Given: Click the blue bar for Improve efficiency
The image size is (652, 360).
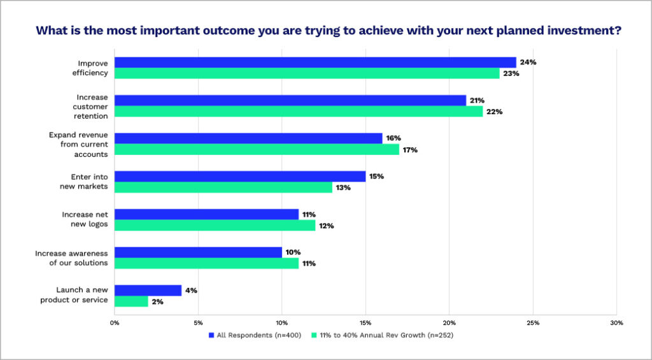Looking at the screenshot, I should (x=315, y=62).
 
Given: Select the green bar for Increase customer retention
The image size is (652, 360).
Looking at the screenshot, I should (x=299, y=112).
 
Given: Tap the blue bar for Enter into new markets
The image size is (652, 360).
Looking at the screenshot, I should (x=240, y=176).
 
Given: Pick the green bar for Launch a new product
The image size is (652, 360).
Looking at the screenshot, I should (x=131, y=301).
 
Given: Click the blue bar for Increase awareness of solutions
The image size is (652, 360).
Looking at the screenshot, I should (x=198, y=252).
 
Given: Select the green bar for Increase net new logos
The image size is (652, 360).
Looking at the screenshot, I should (x=215, y=226).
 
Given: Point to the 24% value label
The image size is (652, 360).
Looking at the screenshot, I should (x=528, y=62).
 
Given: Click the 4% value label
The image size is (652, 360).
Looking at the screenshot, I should (x=191, y=291).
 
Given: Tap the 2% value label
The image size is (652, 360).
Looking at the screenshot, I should (x=157, y=301).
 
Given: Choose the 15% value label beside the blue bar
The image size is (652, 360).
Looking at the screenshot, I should (x=376, y=176).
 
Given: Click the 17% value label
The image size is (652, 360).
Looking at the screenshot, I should (x=409, y=150).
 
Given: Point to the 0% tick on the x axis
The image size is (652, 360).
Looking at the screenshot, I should (x=115, y=322).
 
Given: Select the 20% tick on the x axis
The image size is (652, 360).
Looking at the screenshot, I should (x=449, y=322).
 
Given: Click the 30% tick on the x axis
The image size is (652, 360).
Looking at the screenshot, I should (x=616, y=322).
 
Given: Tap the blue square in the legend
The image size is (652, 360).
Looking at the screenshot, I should (x=211, y=335).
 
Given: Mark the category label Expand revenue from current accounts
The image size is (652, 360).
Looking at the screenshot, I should (x=78, y=144).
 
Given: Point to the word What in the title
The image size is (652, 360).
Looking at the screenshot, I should (x=50, y=30).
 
